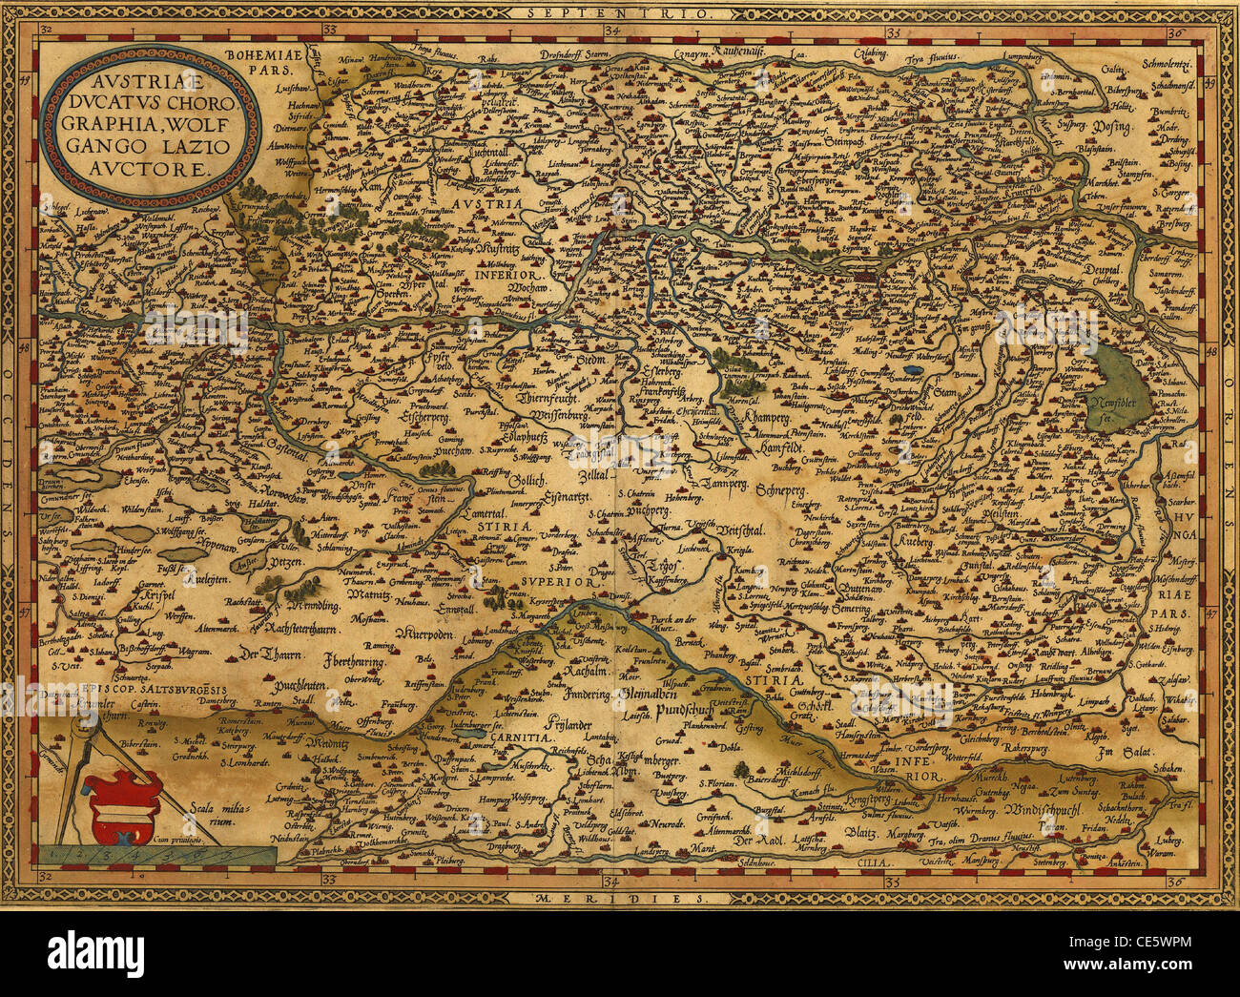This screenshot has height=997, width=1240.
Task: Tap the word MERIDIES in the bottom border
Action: click(617, 900)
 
